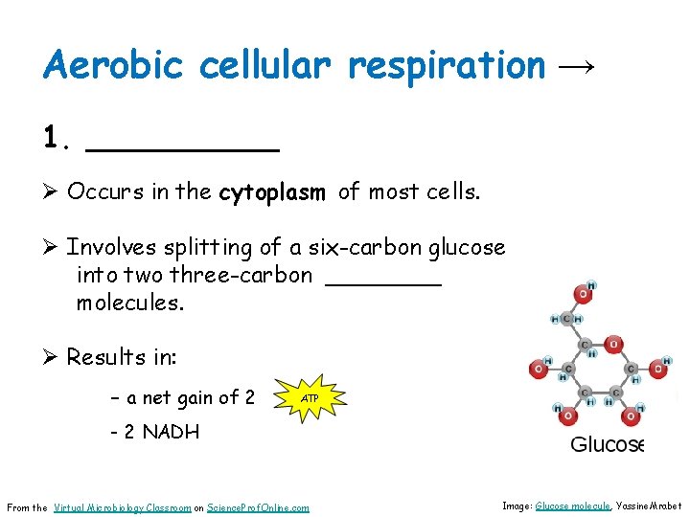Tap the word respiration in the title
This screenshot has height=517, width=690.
pyautogui.click(x=447, y=67)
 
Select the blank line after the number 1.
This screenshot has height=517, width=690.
pyautogui.click(x=182, y=146)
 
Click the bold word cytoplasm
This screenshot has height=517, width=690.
pyautogui.click(x=272, y=192)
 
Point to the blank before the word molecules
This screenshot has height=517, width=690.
pyautogui.click(x=383, y=280)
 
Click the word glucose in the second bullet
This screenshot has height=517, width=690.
pyautogui.click(x=467, y=247)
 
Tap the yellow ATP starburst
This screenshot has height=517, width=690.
pyautogui.click(x=310, y=397)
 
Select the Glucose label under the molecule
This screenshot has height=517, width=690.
pyautogui.click(x=607, y=444)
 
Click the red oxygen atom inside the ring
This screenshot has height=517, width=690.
pyautogui.click(x=614, y=344)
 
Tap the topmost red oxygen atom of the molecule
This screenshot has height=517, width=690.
pyautogui.click(x=583, y=293)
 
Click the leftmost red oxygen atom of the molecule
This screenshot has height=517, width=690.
pyautogui.click(x=540, y=369)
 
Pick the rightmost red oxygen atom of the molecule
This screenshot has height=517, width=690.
pyautogui.click(x=658, y=369)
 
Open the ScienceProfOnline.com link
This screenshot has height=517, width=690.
pyautogui.click(x=259, y=507)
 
